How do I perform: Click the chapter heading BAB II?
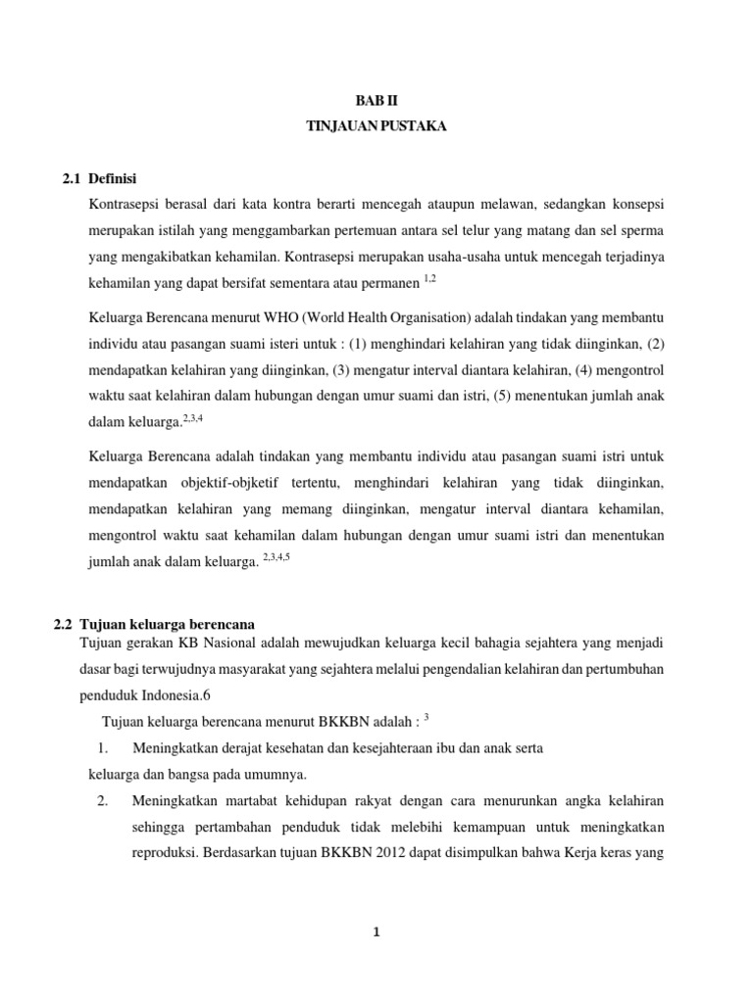(x=376, y=100)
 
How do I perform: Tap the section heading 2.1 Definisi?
(x=98, y=178)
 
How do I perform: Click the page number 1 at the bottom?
(x=376, y=932)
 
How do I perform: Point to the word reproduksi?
(x=163, y=851)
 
